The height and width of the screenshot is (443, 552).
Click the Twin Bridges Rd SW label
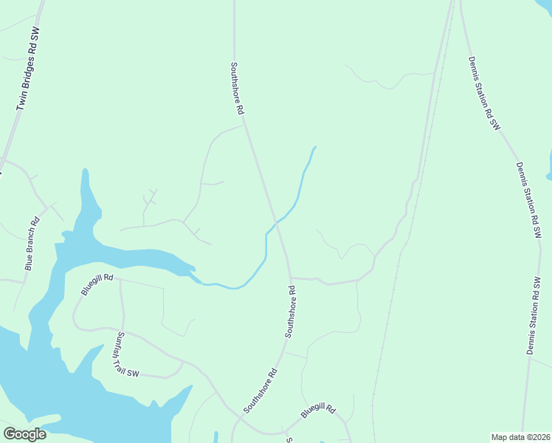pos(27,69)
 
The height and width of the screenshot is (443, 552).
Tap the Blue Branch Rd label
pos(31,243)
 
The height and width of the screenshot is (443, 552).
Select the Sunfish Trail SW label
pos(126,354)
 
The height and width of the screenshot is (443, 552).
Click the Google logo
pos(24,434)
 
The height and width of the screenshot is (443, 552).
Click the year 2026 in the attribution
pos(539,437)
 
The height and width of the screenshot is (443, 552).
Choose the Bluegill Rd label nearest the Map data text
pos(318,414)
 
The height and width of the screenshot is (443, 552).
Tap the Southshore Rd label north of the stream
pos(238,87)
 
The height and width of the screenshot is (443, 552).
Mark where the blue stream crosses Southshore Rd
pos(276,221)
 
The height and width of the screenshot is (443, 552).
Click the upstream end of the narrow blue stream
pos(315,147)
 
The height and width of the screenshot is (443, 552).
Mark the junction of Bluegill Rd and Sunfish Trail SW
pos(120,281)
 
